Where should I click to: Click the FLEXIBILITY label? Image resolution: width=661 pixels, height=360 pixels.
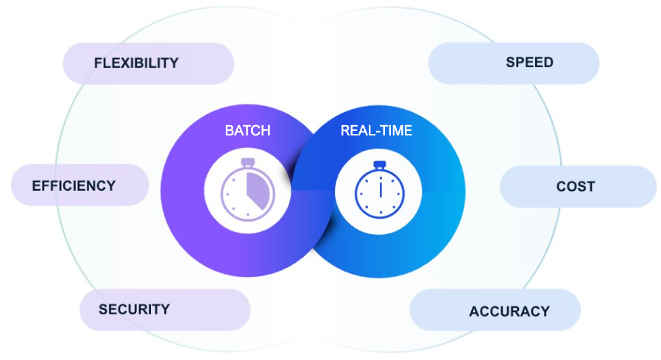coord(136,63)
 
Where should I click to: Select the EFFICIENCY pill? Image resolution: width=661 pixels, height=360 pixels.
coord(74,186)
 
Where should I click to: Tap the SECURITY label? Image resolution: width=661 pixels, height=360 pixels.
coord(134,309)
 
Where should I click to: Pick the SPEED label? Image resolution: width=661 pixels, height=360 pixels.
coord(529,63)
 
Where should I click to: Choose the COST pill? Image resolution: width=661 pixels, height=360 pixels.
coord(576,186)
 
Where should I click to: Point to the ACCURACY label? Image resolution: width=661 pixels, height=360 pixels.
coord(509,311)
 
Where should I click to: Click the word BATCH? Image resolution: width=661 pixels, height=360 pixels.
coord(247,131)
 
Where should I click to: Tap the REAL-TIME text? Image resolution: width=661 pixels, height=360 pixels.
coord(376,131)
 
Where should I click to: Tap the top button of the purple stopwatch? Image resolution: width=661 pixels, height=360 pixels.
coord(247,162)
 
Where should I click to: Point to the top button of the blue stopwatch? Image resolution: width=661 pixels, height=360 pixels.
coord(379,164)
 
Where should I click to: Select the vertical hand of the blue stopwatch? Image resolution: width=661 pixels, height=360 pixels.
coord(380,188)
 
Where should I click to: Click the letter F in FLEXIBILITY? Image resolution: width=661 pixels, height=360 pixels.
coord(98,63)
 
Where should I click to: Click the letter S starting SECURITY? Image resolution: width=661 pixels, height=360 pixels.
coord(103,309)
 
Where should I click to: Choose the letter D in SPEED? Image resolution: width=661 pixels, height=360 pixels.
coord(548,63)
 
